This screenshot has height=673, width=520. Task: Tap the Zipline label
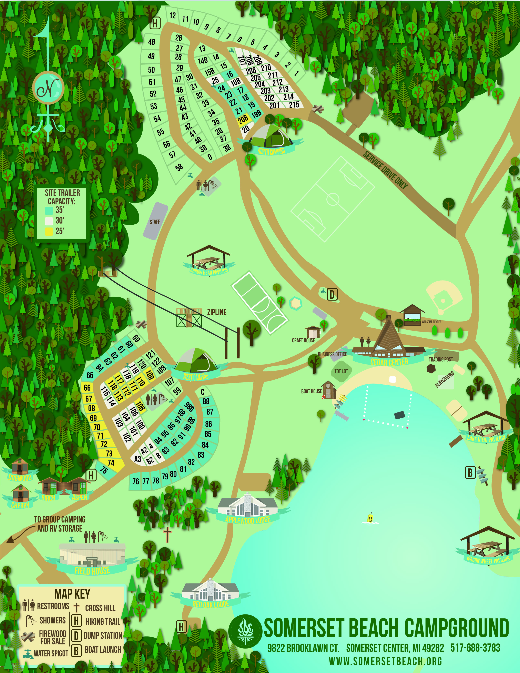click(217, 313)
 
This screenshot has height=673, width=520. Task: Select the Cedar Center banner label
click(389, 362)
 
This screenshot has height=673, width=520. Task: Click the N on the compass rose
click(48, 88)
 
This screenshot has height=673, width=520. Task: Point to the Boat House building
click(329, 390)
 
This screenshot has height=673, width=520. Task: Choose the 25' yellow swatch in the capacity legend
click(49, 231)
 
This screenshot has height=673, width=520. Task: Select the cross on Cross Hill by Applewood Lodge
click(167, 535)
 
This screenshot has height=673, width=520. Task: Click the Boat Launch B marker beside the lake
click(470, 473)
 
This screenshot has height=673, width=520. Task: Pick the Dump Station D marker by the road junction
click(332, 294)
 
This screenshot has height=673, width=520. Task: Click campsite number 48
click(151, 42)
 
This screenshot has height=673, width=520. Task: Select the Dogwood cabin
click(20, 467)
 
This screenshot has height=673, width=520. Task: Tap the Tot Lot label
click(341, 371)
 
